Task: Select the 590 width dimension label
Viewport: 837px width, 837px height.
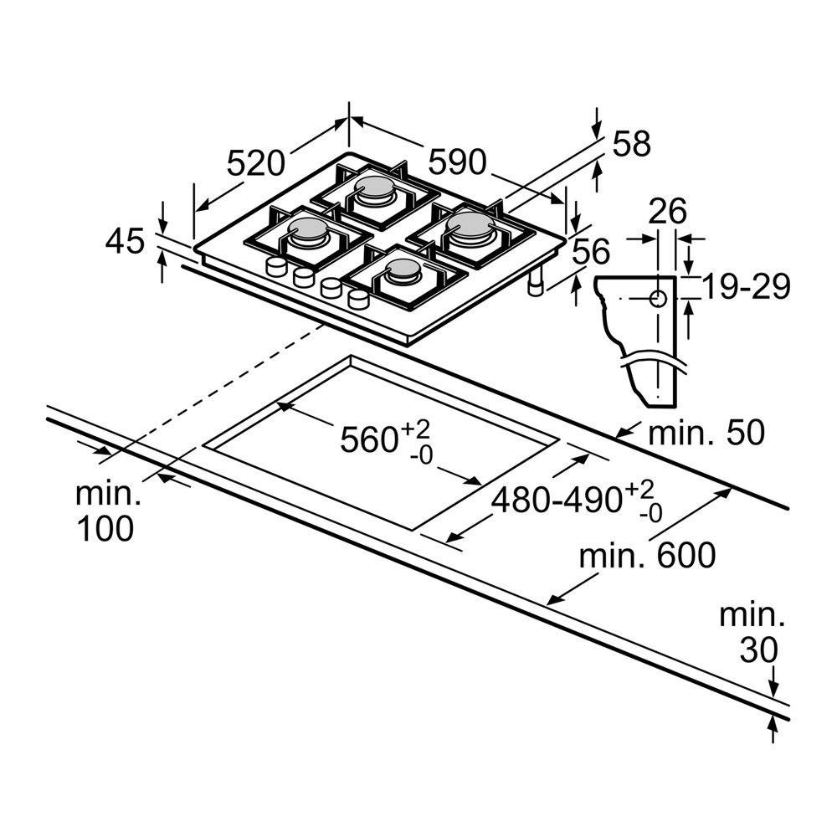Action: click(x=457, y=161)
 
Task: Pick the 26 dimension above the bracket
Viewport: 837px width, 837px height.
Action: click(x=667, y=210)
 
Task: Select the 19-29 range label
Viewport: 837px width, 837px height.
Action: click(x=746, y=287)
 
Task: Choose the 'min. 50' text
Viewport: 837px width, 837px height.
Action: click(x=706, y=433)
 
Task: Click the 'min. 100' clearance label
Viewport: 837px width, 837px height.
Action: click(x=105, y=511)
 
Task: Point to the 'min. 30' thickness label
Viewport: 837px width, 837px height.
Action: click(x=752, y=633)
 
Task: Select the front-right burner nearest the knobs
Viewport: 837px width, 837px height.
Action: click(x=403, y=270)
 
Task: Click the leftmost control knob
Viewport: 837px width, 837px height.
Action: click(x=274, y=267)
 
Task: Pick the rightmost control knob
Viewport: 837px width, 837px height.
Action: click(x=357, y=299)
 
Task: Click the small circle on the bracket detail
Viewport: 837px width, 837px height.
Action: click(x=658, y=297)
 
